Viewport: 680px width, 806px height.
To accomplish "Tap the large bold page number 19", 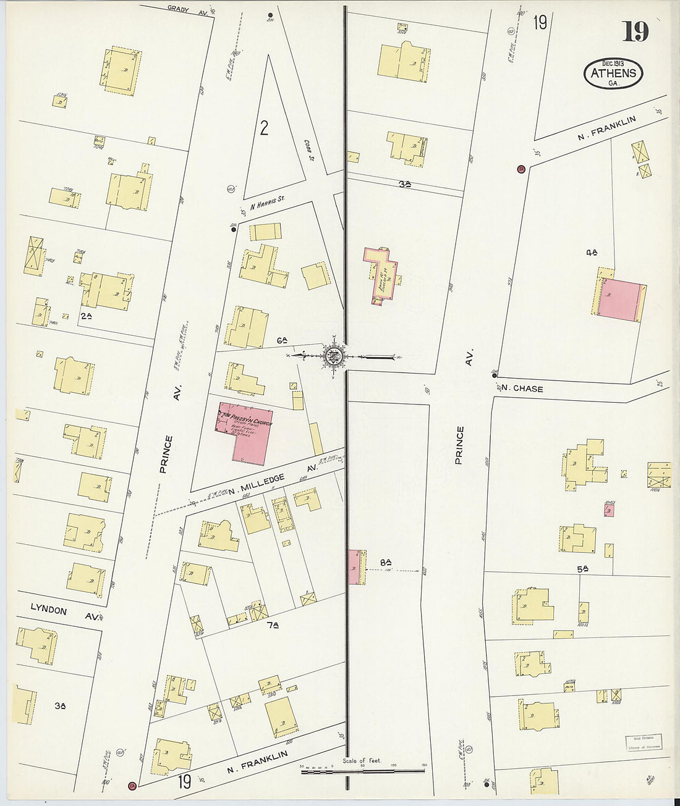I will [635, 31].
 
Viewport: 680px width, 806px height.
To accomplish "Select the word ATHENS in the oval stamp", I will [613, 73].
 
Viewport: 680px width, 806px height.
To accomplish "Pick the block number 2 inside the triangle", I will [264, 128].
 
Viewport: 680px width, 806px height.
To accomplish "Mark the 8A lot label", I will [386, 562].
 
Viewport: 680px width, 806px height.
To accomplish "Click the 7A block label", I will [272, 626].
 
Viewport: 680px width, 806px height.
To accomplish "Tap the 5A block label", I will [582, 569].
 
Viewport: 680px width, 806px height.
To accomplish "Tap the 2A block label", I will [86, 316].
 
